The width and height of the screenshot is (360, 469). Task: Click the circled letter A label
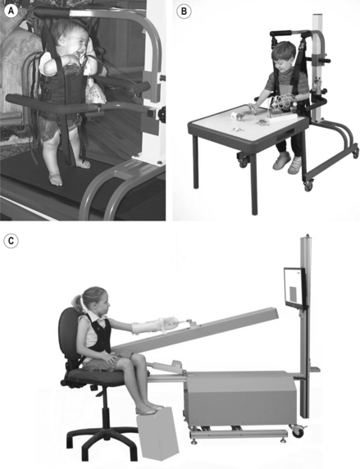pos(11,11)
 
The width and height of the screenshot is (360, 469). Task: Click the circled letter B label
pos(184,11)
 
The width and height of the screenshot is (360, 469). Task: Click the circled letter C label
pos(11,240)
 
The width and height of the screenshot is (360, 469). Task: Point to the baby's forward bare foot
pos(56,179)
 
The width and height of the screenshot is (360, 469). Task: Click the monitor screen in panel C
pos(294,288)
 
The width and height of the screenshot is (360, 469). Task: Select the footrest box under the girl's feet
pos(157,433)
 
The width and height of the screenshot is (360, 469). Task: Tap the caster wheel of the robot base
pos(298,431)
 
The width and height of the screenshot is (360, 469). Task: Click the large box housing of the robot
pos(240,397)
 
